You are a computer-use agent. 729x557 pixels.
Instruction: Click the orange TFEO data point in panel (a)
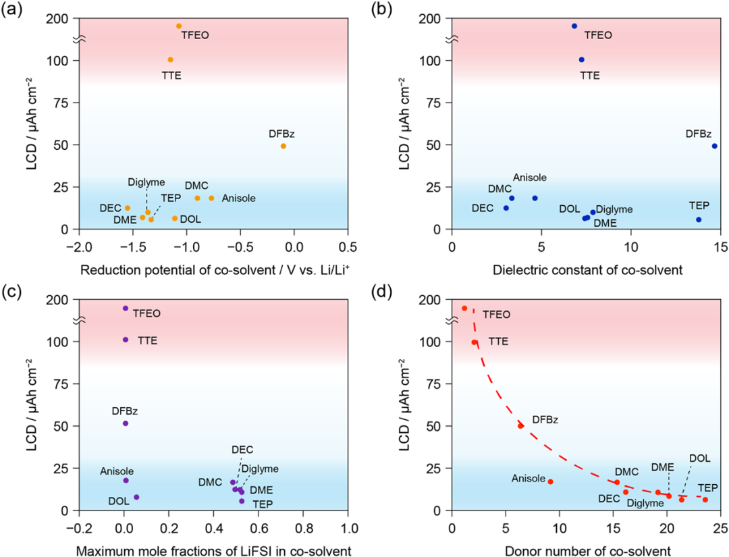click(x=179, y=26)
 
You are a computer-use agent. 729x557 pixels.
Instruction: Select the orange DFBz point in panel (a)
click(x=283, y=146)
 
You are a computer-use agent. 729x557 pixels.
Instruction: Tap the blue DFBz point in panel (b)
click(x=714, y=146)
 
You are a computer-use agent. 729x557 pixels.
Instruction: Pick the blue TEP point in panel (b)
click(x=699, y=219)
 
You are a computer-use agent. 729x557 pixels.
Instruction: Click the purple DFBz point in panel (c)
click(x=126, y=423)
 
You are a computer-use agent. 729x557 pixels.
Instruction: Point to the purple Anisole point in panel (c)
click(x=126, y=480)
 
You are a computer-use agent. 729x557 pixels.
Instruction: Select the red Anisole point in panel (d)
click(x=550, y=481)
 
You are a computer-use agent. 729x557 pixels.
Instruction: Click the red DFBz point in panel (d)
click(x=520, y=425)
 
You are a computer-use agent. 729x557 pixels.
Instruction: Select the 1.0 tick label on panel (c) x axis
click(x=348, y=525)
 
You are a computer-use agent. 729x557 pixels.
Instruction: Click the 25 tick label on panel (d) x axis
click(x=720, y=525)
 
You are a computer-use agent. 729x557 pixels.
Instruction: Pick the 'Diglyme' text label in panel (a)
click(x=145, y=182)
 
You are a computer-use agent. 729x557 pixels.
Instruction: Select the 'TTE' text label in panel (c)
click(x=146, y=341)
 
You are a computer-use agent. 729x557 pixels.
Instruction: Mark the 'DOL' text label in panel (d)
click(x=699, y=458)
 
